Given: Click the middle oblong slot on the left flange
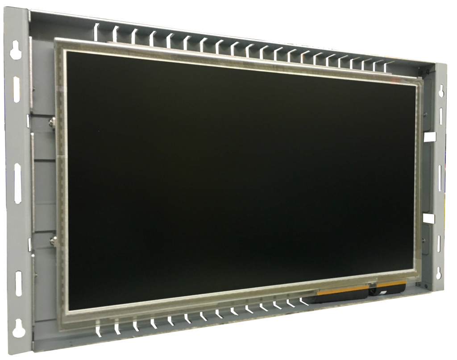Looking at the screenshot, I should (x=18, y=183).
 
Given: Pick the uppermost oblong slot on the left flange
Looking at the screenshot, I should (x=17, y=89).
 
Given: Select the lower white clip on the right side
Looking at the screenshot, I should (x=428, y=218).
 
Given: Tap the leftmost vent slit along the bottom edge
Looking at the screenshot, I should (x=98, y=330).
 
